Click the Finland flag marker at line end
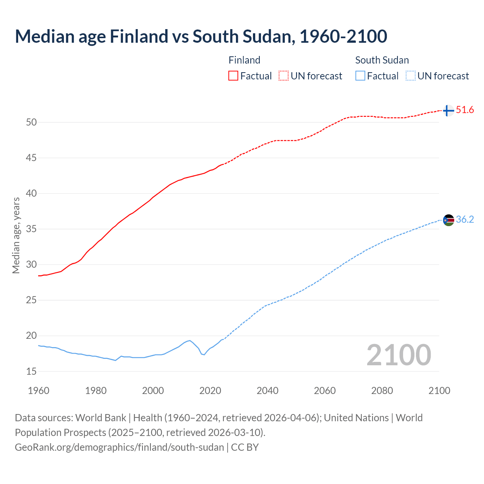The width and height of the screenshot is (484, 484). pyautogui.click(x=448, y=110)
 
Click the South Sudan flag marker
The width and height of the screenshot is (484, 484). pyautogui.click(x=448, y=220)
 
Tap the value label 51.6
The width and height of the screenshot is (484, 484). pyautogui.click(x=465, y=110)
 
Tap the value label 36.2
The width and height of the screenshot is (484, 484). pyautogui.click(x=465, y=220)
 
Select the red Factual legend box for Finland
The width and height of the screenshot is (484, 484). pyautogui.click(x=233, y=76)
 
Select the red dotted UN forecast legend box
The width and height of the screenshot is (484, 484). pyautogui.click(x=284, y=76)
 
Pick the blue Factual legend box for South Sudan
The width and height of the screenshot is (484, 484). pyautogui.click(x=360, y=76)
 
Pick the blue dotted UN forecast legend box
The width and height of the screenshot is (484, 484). pyautogui.click(x=411, y=76)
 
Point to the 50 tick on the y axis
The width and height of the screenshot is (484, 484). pyautogui.click(x=31, y=122)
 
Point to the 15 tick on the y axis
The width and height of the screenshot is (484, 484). pyautogui.click(x=31, y=371)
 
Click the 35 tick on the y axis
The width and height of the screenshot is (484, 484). pyautogui.click(x=31, y=229)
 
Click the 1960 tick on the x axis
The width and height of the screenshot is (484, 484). pyautogui.click(x=39, y=391)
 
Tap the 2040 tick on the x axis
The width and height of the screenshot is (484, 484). pyautogui.click(x=267, y=391)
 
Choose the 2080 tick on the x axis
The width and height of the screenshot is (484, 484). pyautogui.click(x=382, y=391)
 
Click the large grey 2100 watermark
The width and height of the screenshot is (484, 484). pyautogui.click(x=399, y=355)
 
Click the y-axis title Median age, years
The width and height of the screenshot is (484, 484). pyautogui.click(x=16, y=235)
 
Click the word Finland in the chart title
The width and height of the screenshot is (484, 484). pyautogui.click(x=139, y=36)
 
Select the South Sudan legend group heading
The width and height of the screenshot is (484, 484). pyautogui.click(x=382, y=60)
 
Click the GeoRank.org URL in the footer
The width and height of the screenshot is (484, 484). pyautogui.click(x=119, y=447)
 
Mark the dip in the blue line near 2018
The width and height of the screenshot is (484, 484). pyautogui.click(x=204, y=354)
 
